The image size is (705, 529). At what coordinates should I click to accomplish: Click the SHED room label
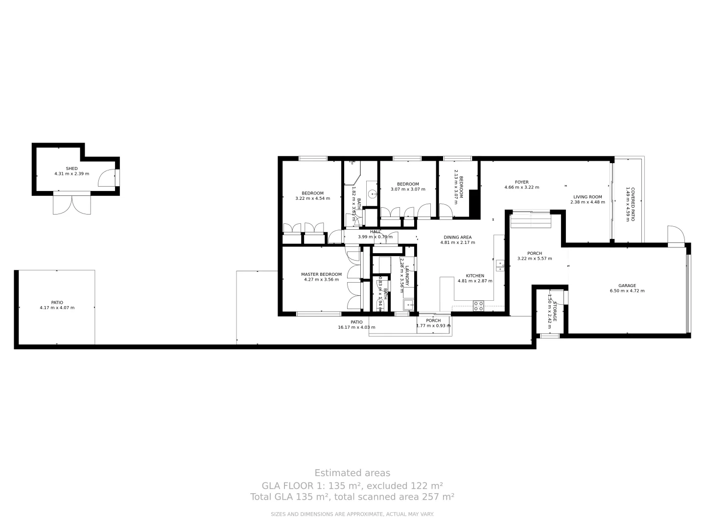coord(71,168)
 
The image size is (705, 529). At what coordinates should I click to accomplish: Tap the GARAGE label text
coord(627,286)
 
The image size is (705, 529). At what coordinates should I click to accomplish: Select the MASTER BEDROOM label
coord(321,274)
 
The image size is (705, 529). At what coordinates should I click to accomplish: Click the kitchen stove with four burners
coord(478,306)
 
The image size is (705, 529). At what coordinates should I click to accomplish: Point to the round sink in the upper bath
coord(372,193)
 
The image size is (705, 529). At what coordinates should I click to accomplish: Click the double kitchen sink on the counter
coord(499,265)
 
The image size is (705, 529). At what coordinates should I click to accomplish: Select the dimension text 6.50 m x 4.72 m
coord(627,291)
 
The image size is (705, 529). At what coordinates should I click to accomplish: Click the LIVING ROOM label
coord(587,197)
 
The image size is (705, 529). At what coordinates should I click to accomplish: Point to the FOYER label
coord(521,182)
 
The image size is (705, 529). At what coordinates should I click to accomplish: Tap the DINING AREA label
coord(457,237)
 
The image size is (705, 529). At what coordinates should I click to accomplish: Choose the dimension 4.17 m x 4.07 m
coord(57,308)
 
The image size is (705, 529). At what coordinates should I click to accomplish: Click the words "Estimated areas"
coord(352,473)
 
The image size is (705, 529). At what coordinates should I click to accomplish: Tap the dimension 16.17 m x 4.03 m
coord(356,327)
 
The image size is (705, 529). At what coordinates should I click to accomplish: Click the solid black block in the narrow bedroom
coord(474,203)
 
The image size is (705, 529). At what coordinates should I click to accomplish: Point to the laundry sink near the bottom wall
coord(408,304)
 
